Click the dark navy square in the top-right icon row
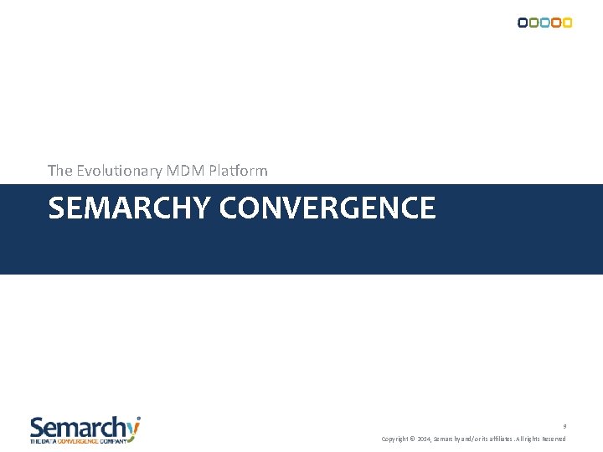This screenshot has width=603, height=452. click(523, 23)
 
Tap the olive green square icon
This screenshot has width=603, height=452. click(533, 23)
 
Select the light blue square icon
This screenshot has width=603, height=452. click(544, 23)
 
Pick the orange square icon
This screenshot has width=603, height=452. click(555, 23)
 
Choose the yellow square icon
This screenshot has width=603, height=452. click(567, 23)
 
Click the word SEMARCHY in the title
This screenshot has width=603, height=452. click(130, 208)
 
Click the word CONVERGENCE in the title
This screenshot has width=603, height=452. click(327, 208)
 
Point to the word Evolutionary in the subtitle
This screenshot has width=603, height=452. click(120, 171)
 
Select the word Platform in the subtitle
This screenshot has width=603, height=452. click(238, 171)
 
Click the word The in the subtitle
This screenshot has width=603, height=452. click(60, 171)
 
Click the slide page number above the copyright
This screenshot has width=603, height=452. click(564, 426)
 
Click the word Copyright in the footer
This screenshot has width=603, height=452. click(395, 439)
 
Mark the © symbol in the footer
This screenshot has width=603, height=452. click(413, 439)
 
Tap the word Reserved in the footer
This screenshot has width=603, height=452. click(554, 439)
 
